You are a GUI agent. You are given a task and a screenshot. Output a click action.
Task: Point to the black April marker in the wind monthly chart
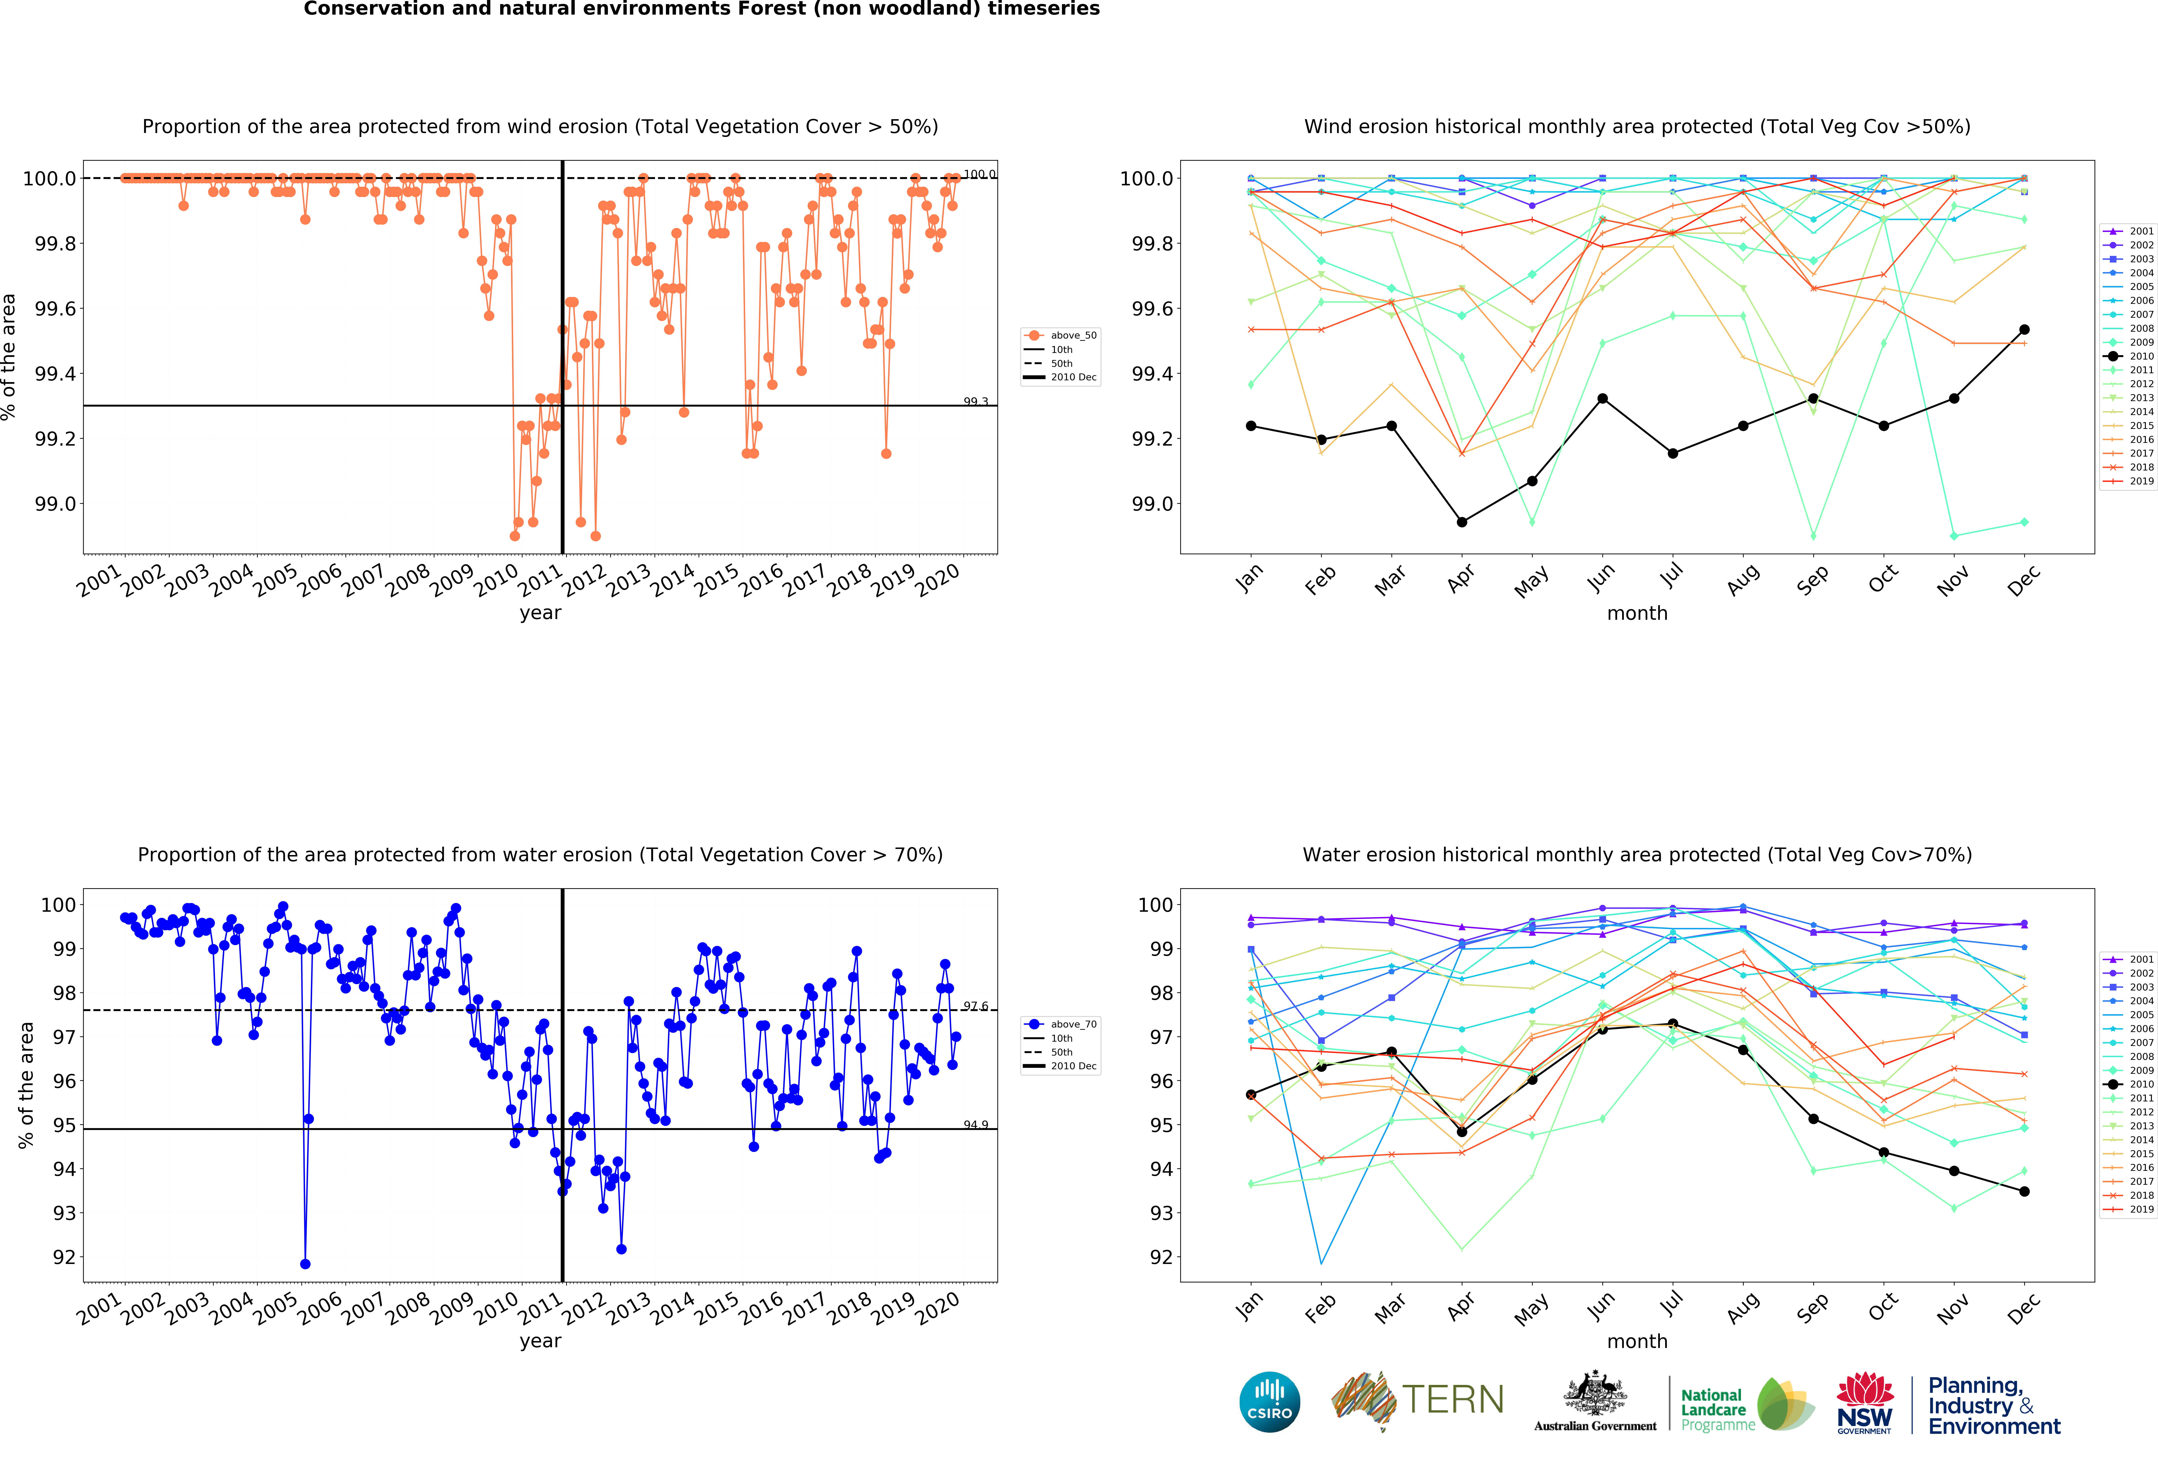click(1461, 522)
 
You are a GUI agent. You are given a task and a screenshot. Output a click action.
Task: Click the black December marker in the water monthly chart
click(2024, 1191)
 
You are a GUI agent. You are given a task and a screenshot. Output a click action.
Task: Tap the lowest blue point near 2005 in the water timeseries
click(305, 1264)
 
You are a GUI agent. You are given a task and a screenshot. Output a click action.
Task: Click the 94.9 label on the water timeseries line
click(975, 1125)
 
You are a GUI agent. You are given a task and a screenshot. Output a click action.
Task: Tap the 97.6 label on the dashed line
click(975, 1006)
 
